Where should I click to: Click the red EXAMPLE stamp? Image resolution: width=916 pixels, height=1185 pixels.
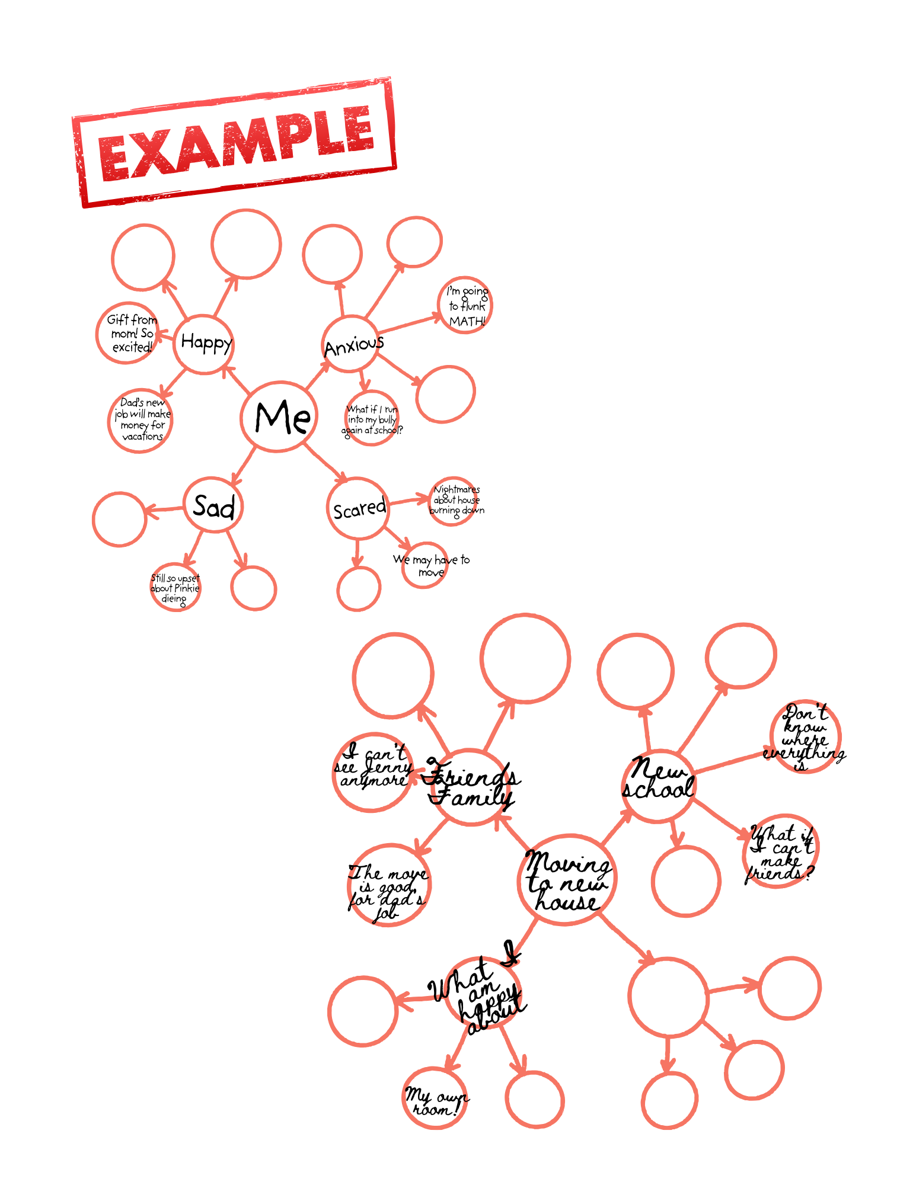pyautogui.click(x=235, y=142)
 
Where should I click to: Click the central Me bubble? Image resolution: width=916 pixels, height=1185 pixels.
pyautogui.click(x=279, y=417)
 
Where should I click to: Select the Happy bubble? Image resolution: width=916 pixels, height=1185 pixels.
pyautogui.click(x=204, y=344)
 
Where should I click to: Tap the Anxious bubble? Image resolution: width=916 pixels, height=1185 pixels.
pyautogui.click(x=350, y=344)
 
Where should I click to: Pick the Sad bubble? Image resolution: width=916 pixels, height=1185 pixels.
pyautogui.click(x=213, y=505)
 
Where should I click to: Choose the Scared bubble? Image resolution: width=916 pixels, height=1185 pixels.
pyautogui.click(x=358, y=508)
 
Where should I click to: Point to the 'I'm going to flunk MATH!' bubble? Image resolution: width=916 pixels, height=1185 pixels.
pyautogui.click(x=465, y=305)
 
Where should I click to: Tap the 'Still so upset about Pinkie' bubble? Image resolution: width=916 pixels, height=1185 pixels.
pyautogui.click(x=175, y=587)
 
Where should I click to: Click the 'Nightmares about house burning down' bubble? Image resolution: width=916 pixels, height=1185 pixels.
pyautogui.click(x=455, y=501)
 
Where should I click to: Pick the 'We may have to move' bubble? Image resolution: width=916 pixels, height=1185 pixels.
pyautogui.click(x=426, y=566)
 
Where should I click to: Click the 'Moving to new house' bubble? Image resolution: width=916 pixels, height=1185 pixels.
pyautogui.click(x=567, y=880)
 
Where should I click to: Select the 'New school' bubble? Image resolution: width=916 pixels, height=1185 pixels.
pyautogui.click(x=659, y=786)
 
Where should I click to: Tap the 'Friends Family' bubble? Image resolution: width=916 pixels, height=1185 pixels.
pyautogui.click(x=471, y=787)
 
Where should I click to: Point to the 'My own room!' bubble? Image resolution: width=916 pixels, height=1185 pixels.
pyautogui.click(x=435, y=1098)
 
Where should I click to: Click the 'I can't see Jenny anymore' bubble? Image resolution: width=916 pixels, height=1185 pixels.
pyautogui.click(x=372, y=771)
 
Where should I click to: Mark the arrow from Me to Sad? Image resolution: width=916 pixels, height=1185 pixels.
pyautogui.click(x=244, y=465)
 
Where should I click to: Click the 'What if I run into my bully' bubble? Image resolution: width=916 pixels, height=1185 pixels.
pyautogui.click(x=372, y=418)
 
